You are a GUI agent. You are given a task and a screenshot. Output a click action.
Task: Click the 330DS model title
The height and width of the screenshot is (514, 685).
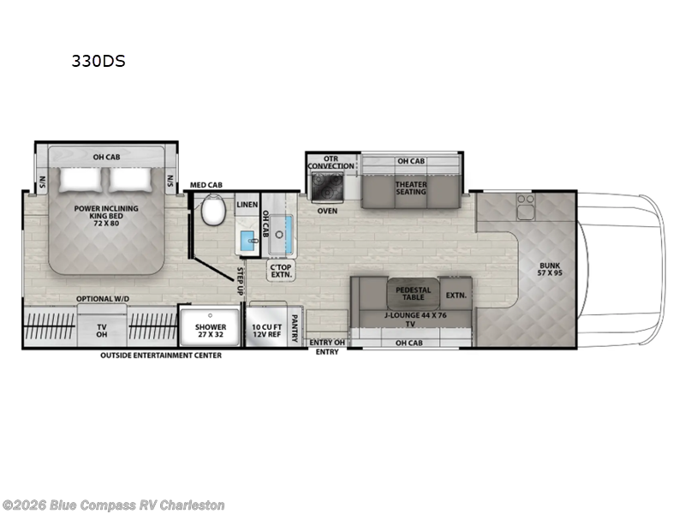[x=98, y=61]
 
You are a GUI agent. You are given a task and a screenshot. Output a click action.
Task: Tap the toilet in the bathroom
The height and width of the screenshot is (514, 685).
[x=213, y=210]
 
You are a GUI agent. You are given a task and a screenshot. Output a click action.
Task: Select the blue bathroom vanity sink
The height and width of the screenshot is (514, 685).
[x=249, y=241]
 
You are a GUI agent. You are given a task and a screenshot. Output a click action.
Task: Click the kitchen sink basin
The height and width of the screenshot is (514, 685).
[x=280, y=234]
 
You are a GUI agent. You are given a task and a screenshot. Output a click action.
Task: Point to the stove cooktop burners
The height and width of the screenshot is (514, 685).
[x=327, y=186]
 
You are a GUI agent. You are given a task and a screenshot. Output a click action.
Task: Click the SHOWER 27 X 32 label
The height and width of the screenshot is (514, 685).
[x=211, y=331]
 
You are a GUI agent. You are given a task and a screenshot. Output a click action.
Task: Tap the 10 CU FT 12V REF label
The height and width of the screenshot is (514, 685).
[x=266, y=331]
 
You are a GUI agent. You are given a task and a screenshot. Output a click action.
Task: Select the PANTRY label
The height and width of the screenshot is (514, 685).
[x=295, y=328]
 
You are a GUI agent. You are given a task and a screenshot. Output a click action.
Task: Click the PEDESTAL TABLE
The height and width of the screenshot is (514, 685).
[x=414, y=293]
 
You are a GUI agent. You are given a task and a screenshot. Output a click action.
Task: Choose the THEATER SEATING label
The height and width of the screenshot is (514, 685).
[x=411, y=188]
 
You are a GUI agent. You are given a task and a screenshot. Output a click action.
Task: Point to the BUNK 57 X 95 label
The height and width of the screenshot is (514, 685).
[x=550, y=269]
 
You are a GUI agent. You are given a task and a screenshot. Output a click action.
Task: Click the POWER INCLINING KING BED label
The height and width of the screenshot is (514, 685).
[x=106, y=216]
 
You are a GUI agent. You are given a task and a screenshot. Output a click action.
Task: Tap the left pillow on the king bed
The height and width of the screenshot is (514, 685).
[x=80, y=179]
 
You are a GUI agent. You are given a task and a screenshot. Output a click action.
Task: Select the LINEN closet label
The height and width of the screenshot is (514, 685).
[x=247, y=205]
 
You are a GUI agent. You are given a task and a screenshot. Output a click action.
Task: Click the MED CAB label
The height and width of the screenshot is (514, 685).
[x=205, y=185]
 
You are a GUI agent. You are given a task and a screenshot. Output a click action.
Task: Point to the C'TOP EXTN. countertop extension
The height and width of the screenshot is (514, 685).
[x=281, y=271]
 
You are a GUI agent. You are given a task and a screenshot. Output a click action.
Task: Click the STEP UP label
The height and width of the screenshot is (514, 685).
[x=240, y=281]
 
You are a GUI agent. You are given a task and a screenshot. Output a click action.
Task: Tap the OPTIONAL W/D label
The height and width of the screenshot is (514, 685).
[x=103, y=298]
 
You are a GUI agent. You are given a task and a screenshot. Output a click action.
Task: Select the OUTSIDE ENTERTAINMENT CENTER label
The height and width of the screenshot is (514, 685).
[x=161, y=356]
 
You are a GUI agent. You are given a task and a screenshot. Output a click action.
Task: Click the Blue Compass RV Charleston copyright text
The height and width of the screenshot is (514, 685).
[x=113, y=505]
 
